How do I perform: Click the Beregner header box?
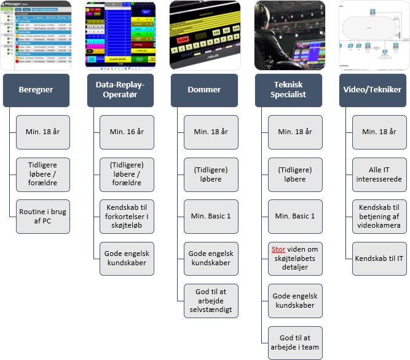36,90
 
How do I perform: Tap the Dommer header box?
204,90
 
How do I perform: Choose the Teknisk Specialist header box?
288,90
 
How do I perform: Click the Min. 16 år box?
127,132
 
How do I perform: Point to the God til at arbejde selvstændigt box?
211,301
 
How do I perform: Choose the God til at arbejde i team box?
294,343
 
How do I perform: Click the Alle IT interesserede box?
379,174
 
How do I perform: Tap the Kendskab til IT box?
379,258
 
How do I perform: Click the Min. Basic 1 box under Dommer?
211,216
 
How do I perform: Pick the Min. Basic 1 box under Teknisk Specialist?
294,216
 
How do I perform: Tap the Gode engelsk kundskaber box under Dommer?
211,258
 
